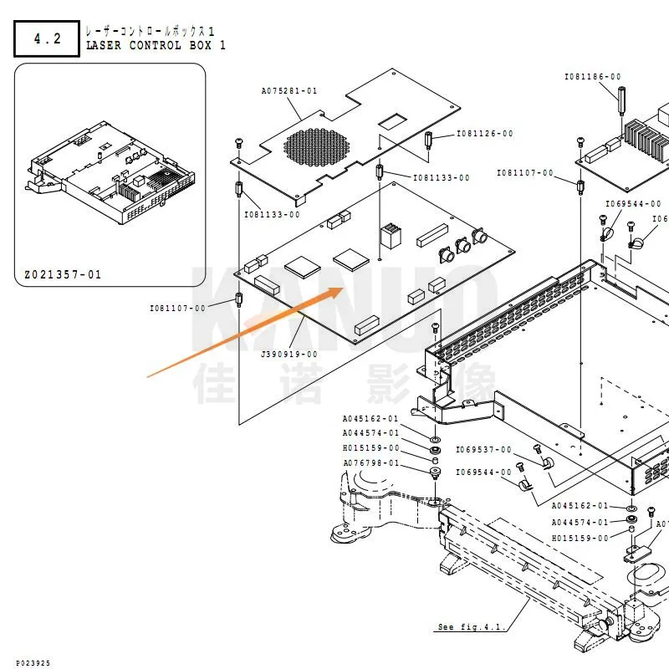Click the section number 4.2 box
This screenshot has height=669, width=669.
coord(47,38)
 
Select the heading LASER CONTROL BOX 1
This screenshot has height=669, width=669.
coord(156,45)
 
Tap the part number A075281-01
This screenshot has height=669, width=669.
coord(289,90)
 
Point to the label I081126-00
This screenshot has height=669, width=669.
coord(485,134)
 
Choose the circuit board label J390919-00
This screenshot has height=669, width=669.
coord(289,354)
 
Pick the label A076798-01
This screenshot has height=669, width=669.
coord(370,463)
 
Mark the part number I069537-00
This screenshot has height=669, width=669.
coord(483,450)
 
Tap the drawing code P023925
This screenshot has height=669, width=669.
coord(33,662)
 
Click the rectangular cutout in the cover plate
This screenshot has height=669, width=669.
coord(391,123)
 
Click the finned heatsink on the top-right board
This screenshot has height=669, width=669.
coord(644,138)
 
